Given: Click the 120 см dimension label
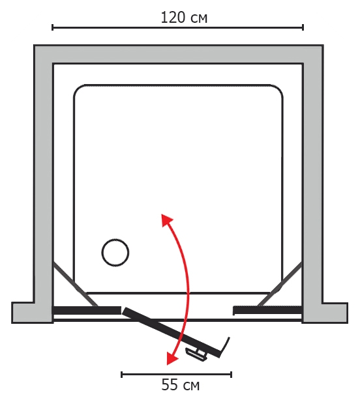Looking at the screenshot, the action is pyautogui.click(x=184, y=18).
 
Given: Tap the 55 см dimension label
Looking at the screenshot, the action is pyautogui.click(x=180, y=385).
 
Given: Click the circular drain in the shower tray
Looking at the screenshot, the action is pyautogui.click(x=115, y=253).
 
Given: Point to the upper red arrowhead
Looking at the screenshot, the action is pyautogui.click(x=166, y=220).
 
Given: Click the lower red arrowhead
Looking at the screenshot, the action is pyautogui.click(x=172, y=358).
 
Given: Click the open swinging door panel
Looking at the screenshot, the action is pyautogui.click(x=172, y=332).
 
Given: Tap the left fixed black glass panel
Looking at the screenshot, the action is pyautogui.click(x=87, y=310).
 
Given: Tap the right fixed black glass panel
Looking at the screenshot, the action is pyautogui.click(x=267, y=310).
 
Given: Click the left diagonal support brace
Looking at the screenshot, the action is pyautogui.click(x=75, y=284).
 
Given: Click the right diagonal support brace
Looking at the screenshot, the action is pyautogui.click(x=280, y=284).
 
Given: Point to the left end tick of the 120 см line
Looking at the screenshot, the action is pyautogui.click(x=52, y=27).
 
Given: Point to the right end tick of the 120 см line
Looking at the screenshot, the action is pyautogui.click(x=303, y=27).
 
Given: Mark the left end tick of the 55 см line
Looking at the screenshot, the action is pyautogui.click(x=121, y=375).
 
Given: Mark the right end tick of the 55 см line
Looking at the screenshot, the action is pyautogui.click(x=231, y=375).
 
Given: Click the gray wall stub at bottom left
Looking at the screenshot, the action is pyautogui.click(x=33, y=313).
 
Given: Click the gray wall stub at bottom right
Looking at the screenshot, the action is pyautogui.click(x=325, y=313).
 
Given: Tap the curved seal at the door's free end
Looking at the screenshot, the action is pyautogui.click(x=225, y=348).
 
